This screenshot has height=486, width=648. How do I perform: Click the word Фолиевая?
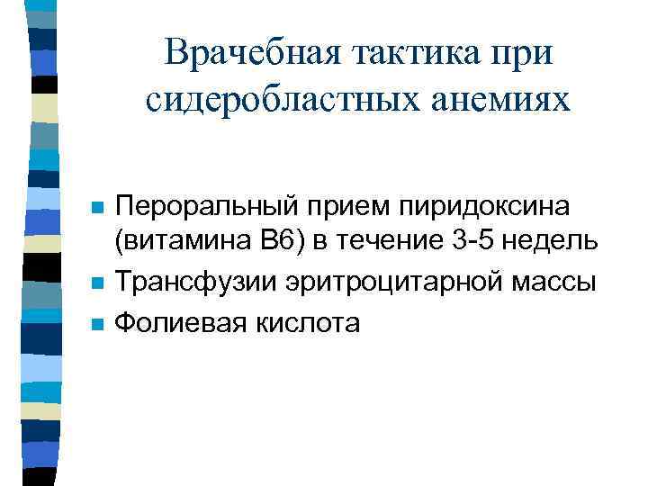[x=180, y=322]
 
